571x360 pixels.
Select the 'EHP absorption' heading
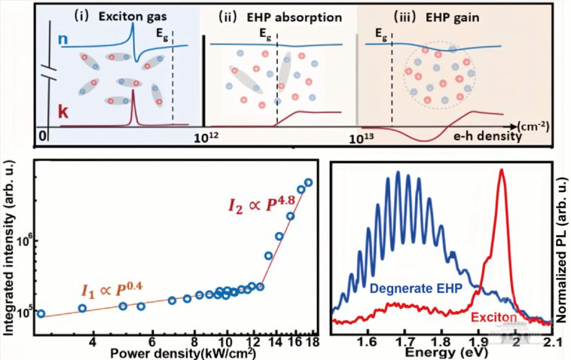273,14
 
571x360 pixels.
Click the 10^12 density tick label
206,139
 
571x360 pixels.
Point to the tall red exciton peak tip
501,170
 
